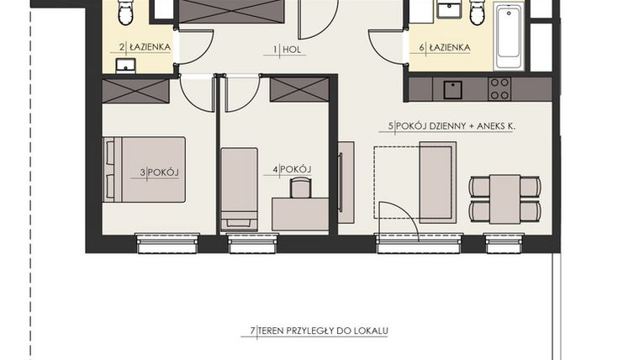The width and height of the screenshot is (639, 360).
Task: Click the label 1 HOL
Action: tap(289, 50)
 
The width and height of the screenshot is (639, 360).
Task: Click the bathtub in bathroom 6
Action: tap(509, 37)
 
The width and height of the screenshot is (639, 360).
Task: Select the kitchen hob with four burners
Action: tap(499, 88)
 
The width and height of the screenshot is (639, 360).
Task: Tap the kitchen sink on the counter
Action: tap(453, 88)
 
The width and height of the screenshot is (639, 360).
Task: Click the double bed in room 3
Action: tap(144, 170)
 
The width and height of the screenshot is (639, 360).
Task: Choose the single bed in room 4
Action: tap(239, 188)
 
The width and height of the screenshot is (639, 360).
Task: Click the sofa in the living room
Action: tap(437, 182)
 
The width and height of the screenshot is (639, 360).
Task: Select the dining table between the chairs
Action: tap(504, 199)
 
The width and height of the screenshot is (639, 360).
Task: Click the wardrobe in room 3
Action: tap(136, 91)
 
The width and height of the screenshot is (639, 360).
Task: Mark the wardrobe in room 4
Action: tap(296, 88)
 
